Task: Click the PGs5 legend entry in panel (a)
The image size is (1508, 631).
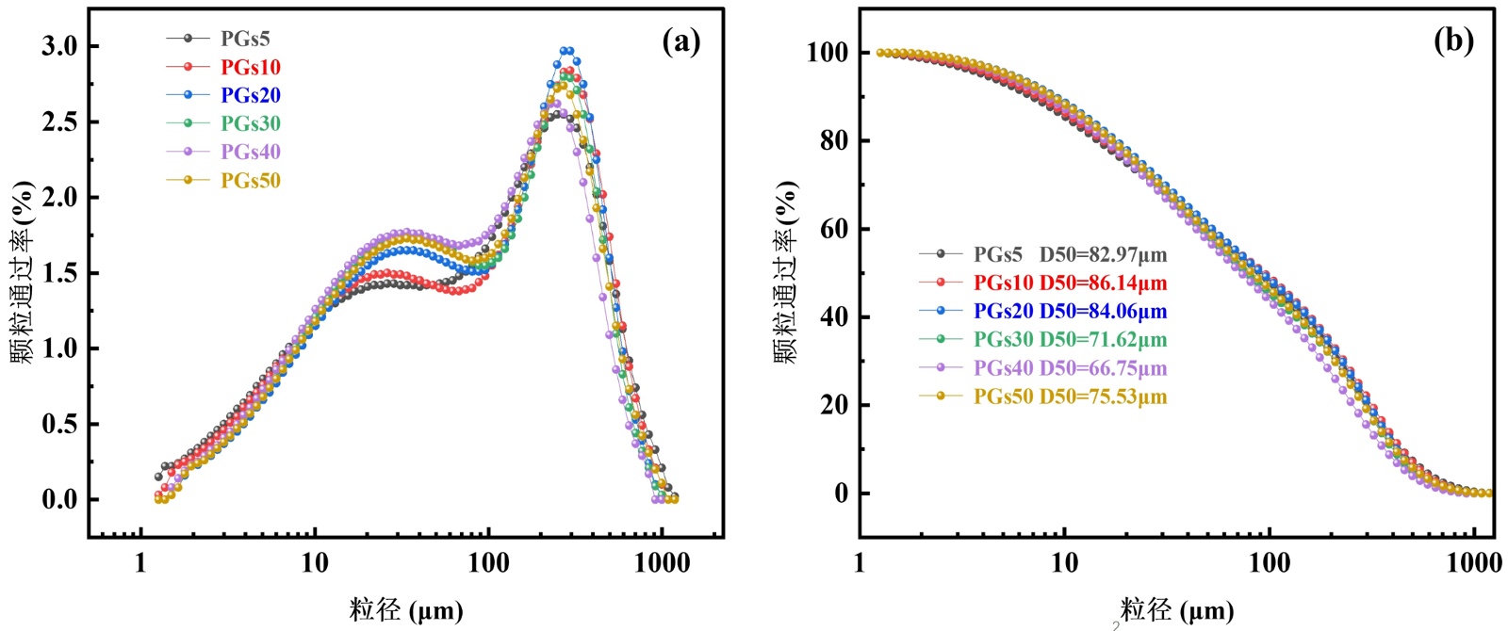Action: tap(245, 39)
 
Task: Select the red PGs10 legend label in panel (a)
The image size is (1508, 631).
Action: tap(251, 67)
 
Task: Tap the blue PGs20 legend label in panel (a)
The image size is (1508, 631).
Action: tap(251, 95)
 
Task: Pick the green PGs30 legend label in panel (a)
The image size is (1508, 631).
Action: tap(251, 123)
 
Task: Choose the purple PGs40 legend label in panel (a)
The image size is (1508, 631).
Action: tap(251, 152)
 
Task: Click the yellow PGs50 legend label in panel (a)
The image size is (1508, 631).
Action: tap(251, 180)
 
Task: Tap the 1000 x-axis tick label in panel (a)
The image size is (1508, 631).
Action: tap(662, 563)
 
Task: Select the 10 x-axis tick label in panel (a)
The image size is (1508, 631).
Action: tap(315, 563)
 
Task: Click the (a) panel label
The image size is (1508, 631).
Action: tap(681, 41)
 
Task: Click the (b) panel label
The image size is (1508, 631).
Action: tap(1453, 40)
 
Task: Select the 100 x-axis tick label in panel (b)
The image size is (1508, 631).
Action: tap(1270, 563)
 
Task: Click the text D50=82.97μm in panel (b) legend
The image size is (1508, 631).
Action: tap(1103, 254)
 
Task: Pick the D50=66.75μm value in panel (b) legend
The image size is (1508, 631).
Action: tap(1103, 367)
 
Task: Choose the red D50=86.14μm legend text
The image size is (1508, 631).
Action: tap(1103, 283)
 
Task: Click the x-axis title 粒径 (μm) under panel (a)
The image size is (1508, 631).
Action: tap(406, 610)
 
